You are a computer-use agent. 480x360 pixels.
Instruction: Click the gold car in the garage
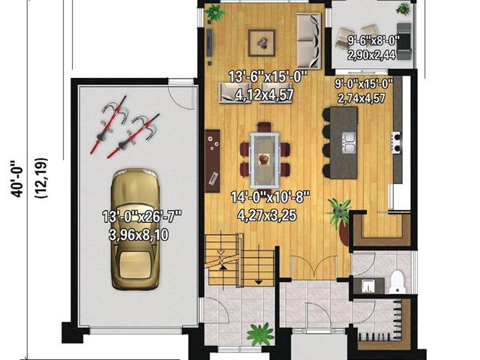[x=135, y=229]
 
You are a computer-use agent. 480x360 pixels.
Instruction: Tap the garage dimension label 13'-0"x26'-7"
[x=142, y=217]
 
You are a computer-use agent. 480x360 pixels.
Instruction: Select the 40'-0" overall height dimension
[x=16, y=178]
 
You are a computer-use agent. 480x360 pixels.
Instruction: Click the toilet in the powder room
[x=397, y=281]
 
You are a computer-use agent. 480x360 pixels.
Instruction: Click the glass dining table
[x=265, y=160]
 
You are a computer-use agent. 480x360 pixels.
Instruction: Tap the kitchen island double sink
[x=349, y=143]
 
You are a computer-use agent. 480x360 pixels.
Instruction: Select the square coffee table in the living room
[x=262, y=43]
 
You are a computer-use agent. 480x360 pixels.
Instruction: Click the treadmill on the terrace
[x=404, y=41]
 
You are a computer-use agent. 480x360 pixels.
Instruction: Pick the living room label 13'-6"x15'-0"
[x=268, y=76]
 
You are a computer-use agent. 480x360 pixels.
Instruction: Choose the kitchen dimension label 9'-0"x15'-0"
[x=364, y=83]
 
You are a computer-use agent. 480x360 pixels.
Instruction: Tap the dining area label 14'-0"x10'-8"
[x=270, y=197]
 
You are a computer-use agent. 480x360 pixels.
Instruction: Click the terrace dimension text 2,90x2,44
[x=371, y=55]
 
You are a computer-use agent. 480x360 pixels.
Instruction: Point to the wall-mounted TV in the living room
[x=209, y=43]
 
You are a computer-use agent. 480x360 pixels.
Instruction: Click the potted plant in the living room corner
[x=215, y=13]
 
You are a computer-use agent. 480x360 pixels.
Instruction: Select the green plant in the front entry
[x=260, y=334]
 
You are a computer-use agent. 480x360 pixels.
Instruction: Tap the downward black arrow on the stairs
[x=259, y=282]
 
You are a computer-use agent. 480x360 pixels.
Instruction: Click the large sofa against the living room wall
[x=309, y=40]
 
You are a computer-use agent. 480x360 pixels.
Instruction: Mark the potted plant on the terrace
[x=403, y=9]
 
